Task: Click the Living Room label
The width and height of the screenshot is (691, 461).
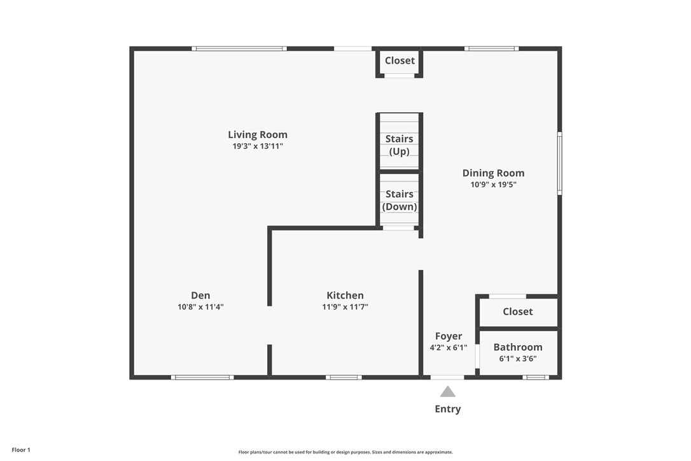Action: point(258,134)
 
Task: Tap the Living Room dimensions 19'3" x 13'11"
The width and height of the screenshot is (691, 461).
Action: point(258,146)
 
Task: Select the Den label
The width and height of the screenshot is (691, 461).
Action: point(200,295)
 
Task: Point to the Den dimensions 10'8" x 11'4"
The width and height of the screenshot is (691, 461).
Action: point(200,307)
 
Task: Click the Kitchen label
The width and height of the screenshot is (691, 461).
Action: point(345,295)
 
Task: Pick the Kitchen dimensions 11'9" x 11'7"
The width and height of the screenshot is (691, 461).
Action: point(345,307)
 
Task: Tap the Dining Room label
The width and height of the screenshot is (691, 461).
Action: point(493,173)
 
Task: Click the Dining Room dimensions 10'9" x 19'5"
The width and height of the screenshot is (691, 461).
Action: point(493,185)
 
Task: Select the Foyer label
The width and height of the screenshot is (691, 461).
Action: point(449,336)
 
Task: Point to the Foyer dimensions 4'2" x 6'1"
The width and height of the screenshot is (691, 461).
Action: point(449,348)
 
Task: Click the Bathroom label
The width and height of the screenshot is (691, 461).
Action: point(518,347)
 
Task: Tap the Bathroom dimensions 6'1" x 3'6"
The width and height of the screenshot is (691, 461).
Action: point(518,358)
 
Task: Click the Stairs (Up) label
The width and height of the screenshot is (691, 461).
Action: point(400,145)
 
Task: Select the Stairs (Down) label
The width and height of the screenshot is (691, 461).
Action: point(400,200)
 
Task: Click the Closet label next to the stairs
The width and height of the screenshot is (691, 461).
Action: point(400,60)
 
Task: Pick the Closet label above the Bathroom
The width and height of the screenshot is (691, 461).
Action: point(518,311)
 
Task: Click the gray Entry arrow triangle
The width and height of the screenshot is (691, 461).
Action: point(448,392)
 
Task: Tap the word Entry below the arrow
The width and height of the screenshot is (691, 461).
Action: point(448,409)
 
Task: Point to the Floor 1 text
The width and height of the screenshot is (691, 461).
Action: point(21,450)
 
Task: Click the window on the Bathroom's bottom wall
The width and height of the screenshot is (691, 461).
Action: point(536,377)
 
